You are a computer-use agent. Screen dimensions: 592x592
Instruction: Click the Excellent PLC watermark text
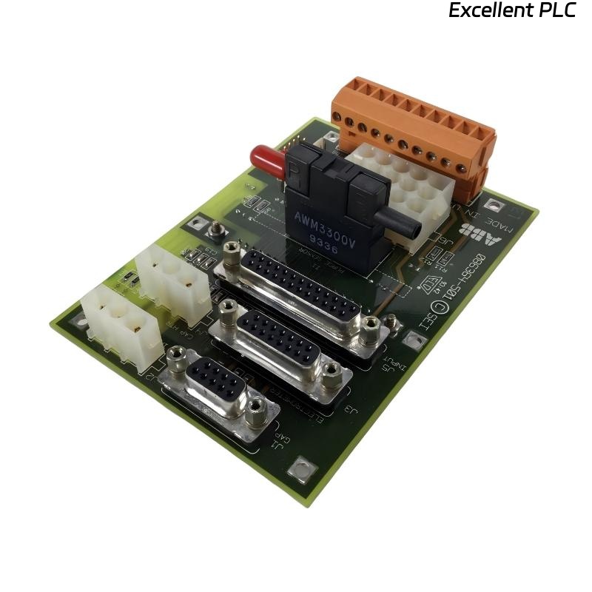click(x=512, y=11)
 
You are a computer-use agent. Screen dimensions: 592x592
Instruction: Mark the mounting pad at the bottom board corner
click(x=301, y=468)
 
